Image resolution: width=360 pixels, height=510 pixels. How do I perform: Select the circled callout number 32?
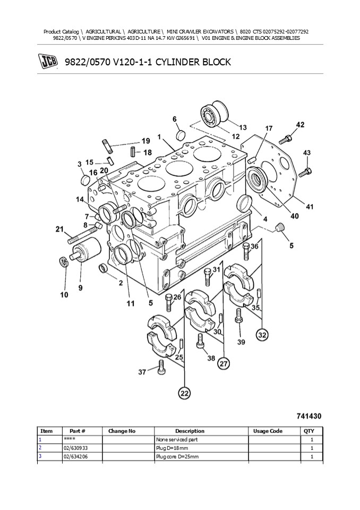tap(262, 335)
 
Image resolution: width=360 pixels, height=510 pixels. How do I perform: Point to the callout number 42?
tap(300, 125)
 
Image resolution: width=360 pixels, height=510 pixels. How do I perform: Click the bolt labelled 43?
tap(305, 171)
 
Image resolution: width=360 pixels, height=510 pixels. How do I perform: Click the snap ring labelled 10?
tap(63, 262)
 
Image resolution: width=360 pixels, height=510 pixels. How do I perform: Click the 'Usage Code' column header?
tap(268, 431)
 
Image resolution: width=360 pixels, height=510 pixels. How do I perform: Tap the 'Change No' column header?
tap(122, 431)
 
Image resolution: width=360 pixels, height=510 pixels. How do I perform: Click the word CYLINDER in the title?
tap(174, 62)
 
